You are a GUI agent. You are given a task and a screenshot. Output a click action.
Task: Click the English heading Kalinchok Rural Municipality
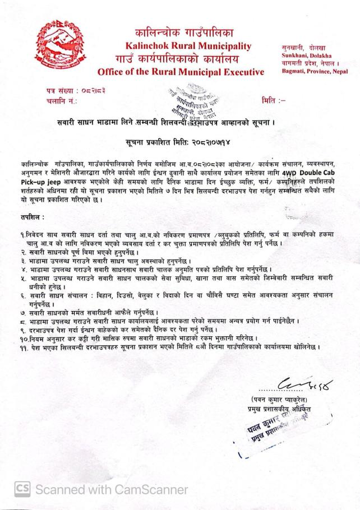tap(184, 45)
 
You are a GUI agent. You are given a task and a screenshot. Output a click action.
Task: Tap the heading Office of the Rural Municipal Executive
tap(181, 72)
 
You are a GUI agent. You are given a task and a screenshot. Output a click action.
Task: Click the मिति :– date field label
tap(274, 100)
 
